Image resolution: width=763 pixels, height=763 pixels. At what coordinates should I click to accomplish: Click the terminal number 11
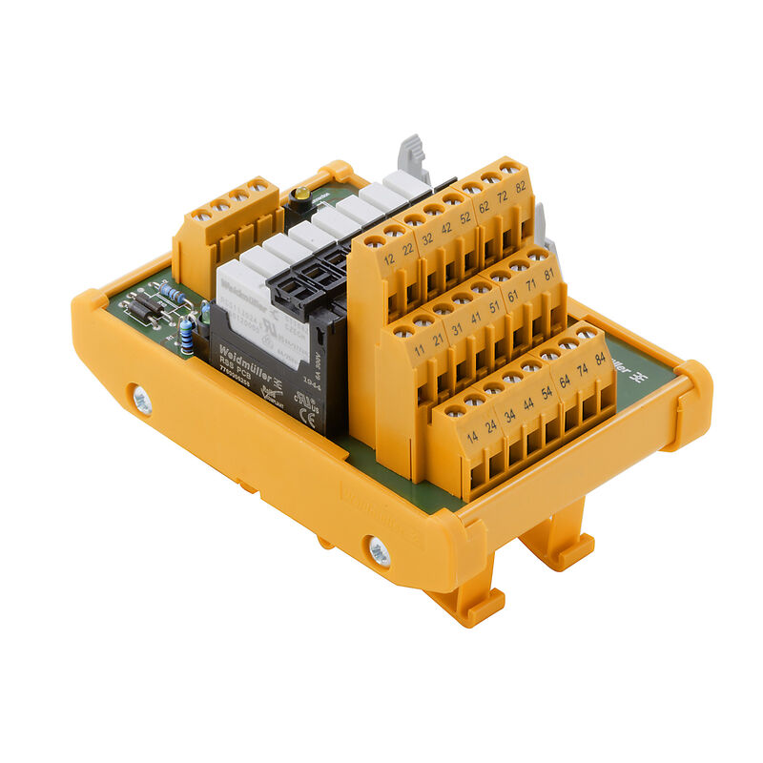point(420,350)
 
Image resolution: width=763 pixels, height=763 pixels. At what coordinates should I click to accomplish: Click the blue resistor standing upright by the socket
point(188,336)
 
